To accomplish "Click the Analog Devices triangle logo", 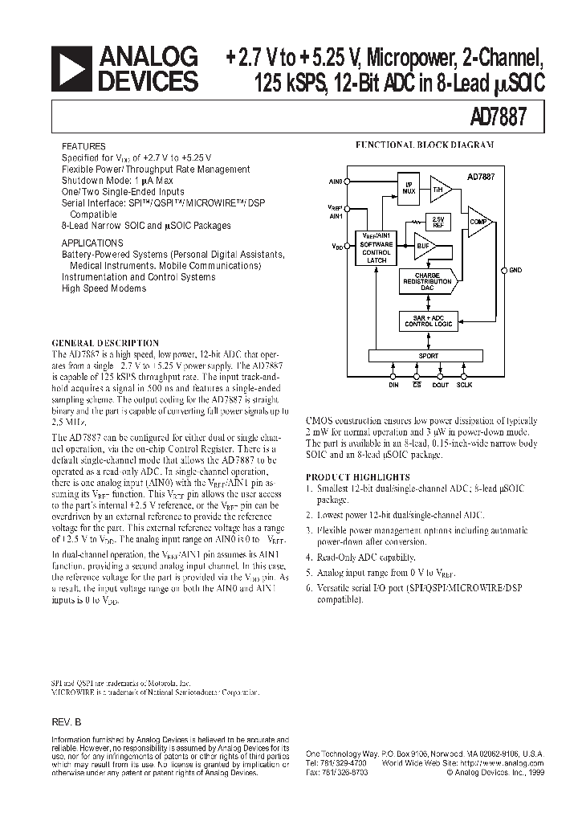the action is (x=71, y=69).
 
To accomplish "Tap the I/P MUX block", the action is (x=408, y=189).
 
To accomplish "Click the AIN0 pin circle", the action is (x=348, y=182).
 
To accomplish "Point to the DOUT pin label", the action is (x=439, y=386).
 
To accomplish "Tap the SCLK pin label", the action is (x=465, y=386).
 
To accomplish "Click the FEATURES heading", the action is (x=83, y=147).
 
